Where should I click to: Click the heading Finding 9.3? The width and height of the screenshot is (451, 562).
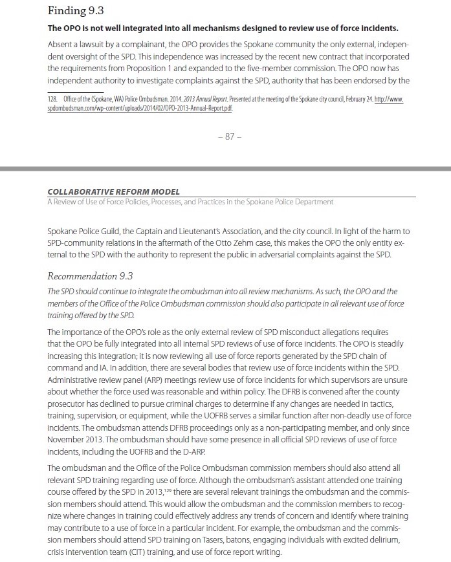pos(76,11)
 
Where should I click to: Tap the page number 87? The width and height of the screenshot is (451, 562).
pos(225,136)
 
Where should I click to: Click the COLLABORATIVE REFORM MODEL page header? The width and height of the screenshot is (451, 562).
pos(114,192)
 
